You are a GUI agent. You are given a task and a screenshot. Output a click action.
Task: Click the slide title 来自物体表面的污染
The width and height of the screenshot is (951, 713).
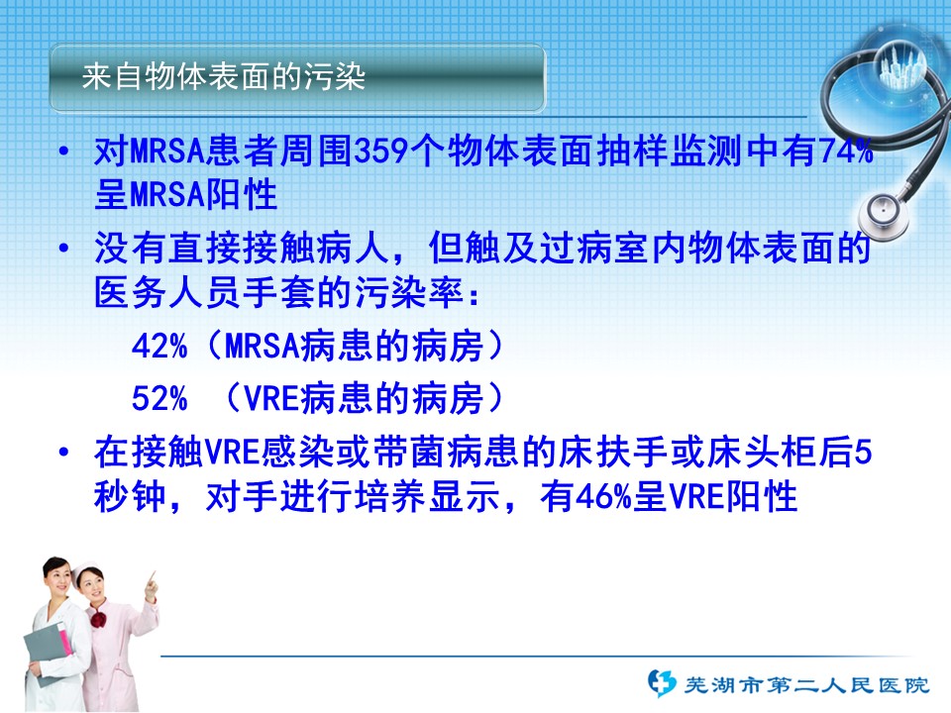click(223, 77)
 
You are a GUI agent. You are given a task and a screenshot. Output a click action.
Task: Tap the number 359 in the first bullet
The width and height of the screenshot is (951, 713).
click(380, 151)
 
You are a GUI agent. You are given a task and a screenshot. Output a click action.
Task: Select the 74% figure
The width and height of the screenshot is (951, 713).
click(845, 151)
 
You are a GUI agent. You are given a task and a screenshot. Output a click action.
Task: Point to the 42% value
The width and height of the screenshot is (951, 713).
click(159, 347)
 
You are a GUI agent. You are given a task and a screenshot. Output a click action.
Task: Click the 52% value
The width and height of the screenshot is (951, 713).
click(159, 399)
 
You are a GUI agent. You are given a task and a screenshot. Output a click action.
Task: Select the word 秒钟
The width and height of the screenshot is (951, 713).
click(130, 497)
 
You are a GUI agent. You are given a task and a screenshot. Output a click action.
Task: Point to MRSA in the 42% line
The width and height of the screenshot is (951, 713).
click(262, 347)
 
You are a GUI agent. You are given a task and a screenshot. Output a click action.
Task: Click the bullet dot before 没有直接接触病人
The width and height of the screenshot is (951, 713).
click(64, 248)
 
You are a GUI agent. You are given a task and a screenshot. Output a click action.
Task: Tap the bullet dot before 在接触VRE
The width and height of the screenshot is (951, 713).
click(64, 453)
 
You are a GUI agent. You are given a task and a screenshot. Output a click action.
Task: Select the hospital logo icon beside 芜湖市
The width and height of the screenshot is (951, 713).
click(662, 682)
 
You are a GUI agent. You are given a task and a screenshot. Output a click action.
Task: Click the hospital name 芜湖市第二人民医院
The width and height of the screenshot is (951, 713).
click(806, 685)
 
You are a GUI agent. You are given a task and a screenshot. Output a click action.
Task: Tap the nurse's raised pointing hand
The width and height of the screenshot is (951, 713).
click(151, 585)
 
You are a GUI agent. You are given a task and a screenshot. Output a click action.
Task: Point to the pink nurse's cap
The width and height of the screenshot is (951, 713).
click(86, 568)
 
